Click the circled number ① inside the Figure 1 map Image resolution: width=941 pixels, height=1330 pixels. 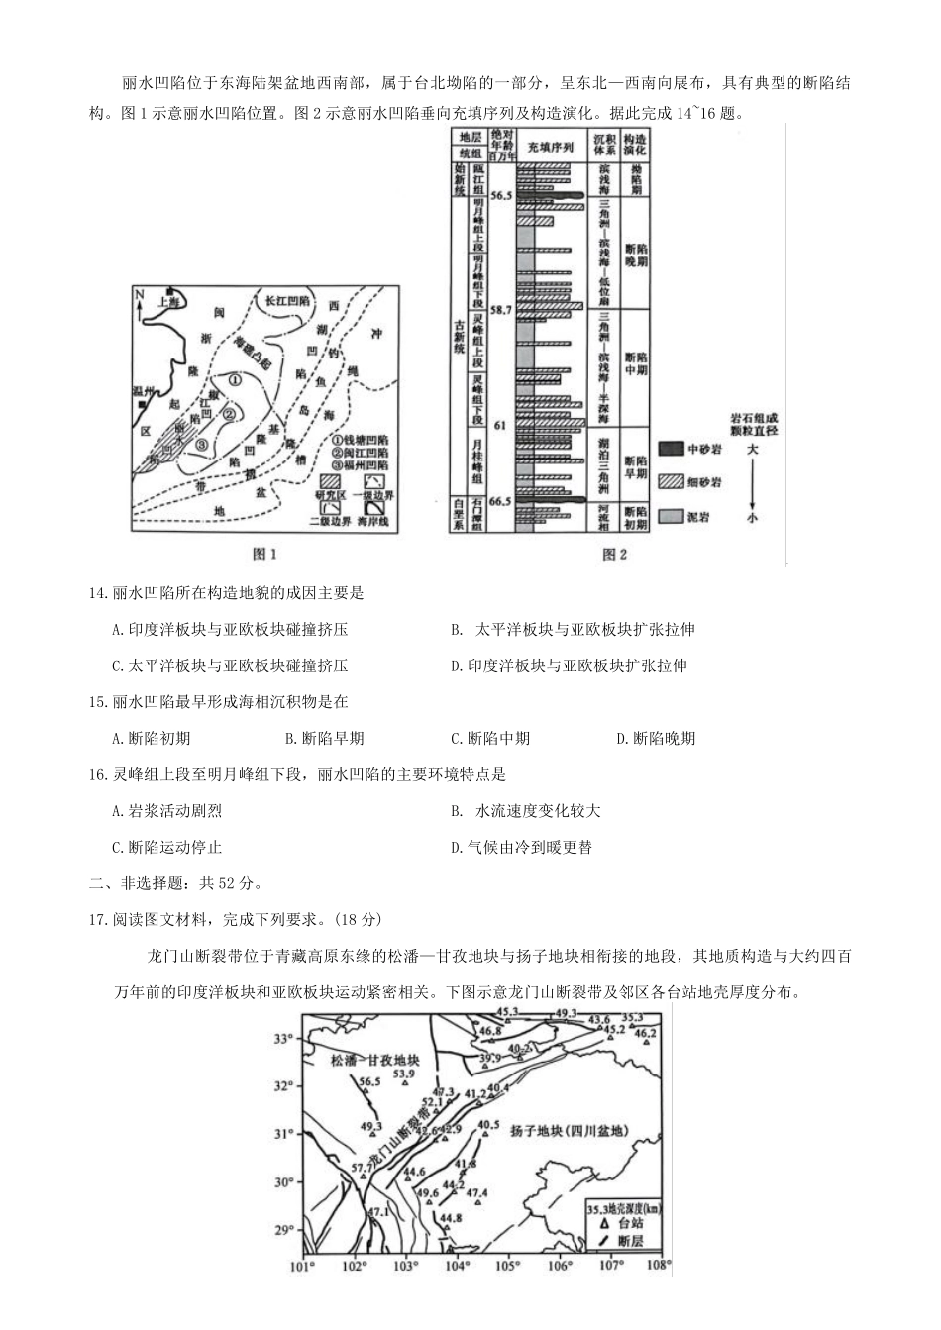[235, 378]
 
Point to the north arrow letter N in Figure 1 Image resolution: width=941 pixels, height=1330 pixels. [140, 295]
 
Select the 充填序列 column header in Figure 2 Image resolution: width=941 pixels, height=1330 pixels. [551, 147]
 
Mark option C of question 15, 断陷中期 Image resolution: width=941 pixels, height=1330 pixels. [490, 738]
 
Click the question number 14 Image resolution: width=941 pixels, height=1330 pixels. [97, 593]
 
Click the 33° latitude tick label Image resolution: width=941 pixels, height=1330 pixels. [285, 1039]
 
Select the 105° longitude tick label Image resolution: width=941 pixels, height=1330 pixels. [508, 1266]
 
